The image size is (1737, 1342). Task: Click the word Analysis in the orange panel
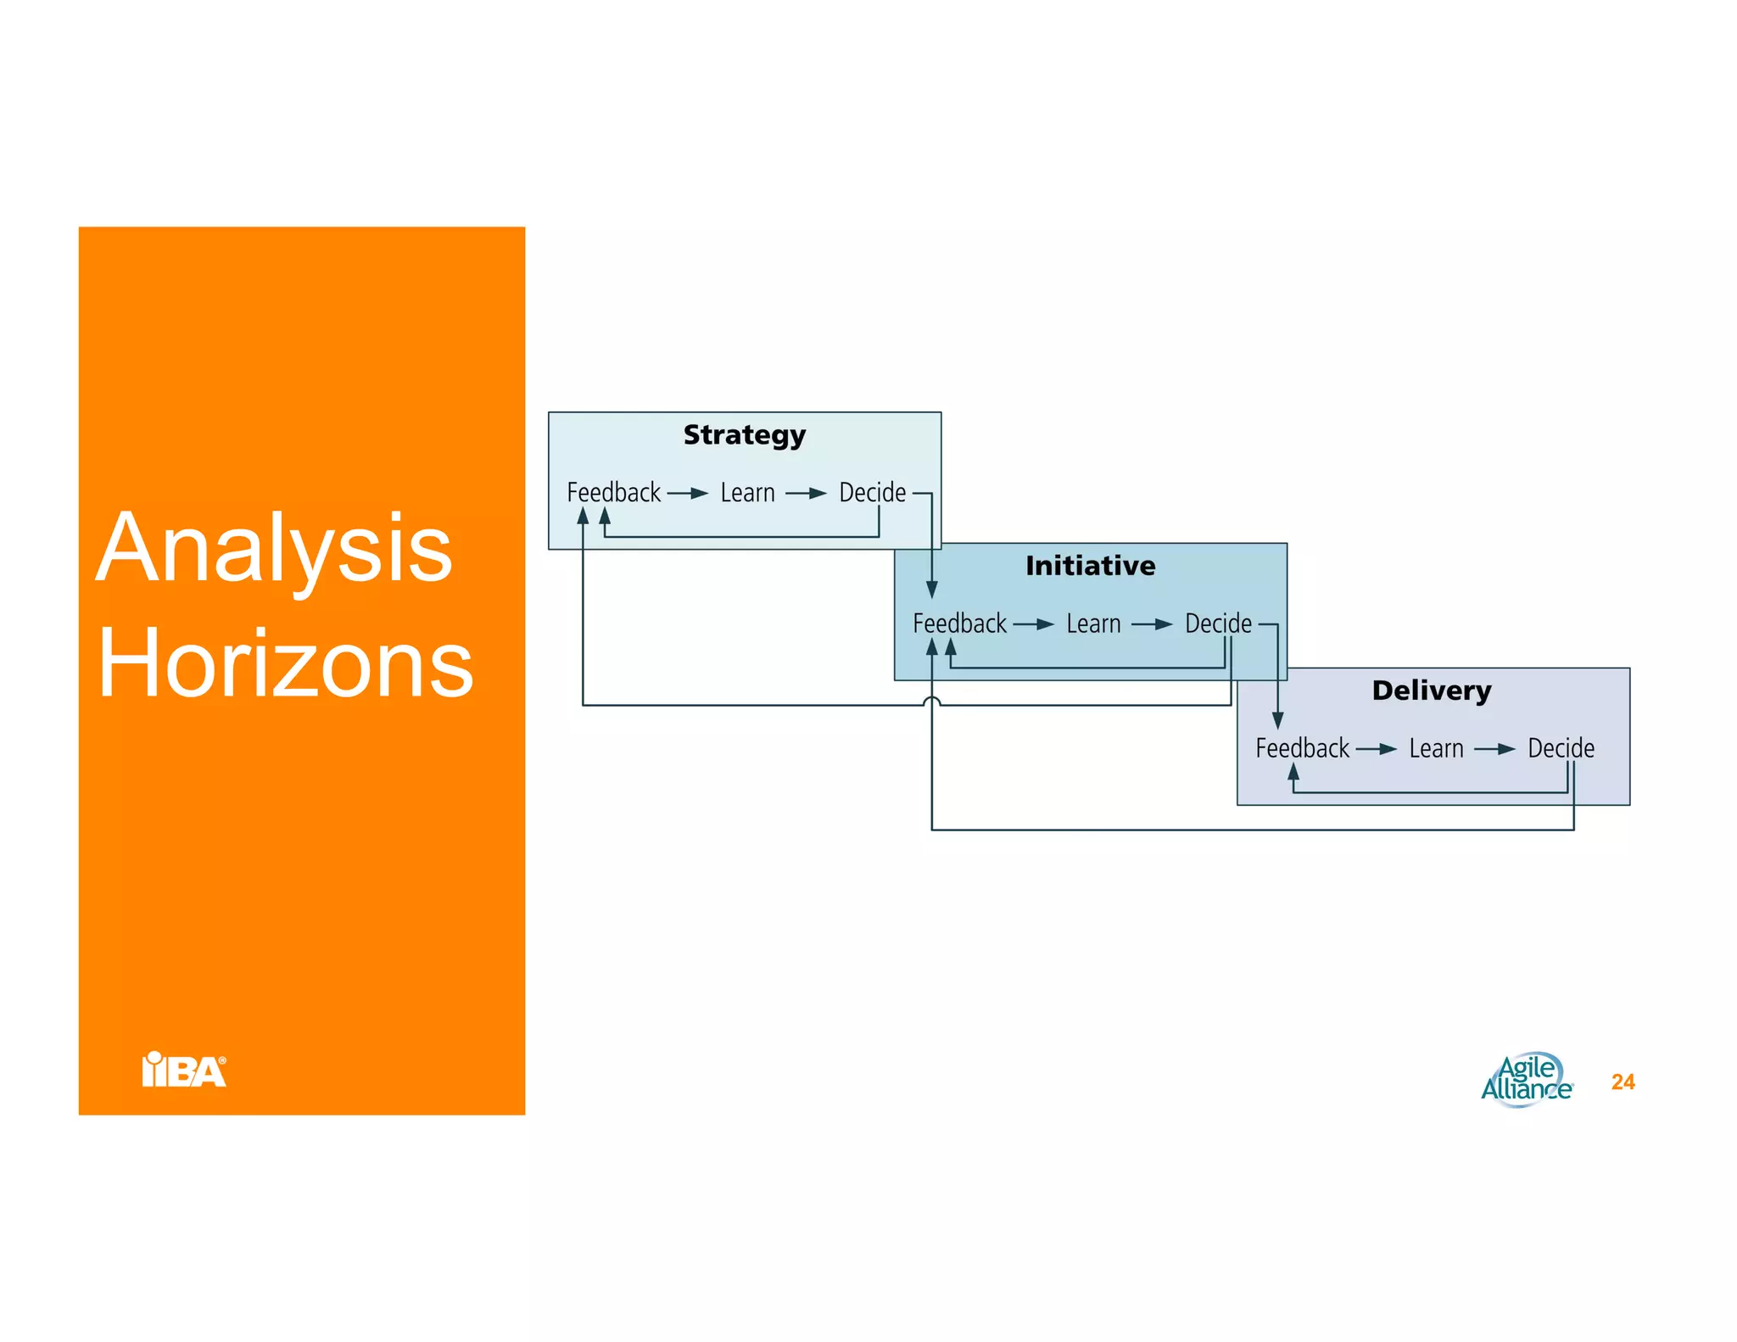(x=273, y=549)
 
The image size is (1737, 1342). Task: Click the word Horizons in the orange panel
(x=285, y=664)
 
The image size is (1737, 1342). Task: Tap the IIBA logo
(x=184, y=1070)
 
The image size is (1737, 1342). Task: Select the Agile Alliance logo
(x=1527, y=1080)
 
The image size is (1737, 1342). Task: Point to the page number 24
(x=1623, y=1082)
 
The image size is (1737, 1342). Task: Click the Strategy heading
(x=744, y=435)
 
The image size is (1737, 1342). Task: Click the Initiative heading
(x=1090, y=566)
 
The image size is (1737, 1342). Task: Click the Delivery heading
(x=1432, y=691)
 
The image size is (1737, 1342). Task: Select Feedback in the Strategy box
(x=613, y=493)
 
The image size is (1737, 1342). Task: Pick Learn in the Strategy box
(x=747, y=493)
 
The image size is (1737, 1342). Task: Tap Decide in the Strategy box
(x=872, y=493)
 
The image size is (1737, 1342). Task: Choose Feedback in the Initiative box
(x=959, y=624)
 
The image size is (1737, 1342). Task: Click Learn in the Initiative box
(x=1093, y=624)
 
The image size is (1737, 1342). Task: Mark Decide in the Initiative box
(x=1218, y=624)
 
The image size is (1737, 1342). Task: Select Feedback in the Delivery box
(x=1302, y=749)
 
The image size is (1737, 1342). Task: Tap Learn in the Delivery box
(x=1436, y=749)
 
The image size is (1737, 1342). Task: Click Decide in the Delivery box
(x=1561, y=749)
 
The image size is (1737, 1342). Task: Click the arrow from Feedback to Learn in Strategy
(x=688, y=493)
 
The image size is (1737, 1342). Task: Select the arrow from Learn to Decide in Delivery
(x=1494, y=749)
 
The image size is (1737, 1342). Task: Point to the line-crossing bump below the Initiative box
(x=931, y=701)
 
